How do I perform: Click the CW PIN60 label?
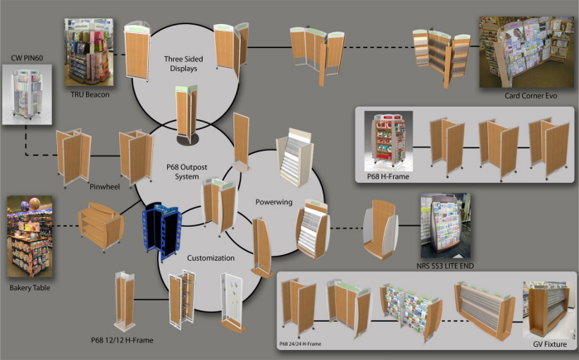pos(27,58)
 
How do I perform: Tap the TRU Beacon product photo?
pos(89,52)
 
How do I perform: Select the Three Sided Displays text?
pos(184,64)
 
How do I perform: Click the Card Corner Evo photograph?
pos(527,52)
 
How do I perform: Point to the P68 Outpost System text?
pos(187,172)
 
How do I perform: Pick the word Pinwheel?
pos(104,187)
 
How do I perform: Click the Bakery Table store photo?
pos(30,237)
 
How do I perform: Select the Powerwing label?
pos(274,202)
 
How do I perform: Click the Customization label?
pos(210,258)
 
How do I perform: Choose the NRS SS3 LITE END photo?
pos(446,225)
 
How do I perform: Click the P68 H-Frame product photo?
pos(389,142)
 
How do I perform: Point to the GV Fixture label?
pos(549,344)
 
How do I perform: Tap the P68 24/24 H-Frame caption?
pos(300,343)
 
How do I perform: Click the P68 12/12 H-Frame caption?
pos(122,340)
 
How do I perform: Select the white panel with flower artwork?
pos(232,302)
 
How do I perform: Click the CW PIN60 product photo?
pos(27,94)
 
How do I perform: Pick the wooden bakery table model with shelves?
pos(101,226)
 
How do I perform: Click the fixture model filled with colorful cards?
pos(411,312)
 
